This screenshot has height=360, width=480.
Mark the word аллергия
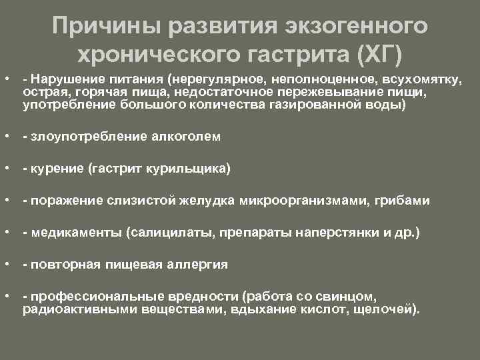(x=195, y=265)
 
